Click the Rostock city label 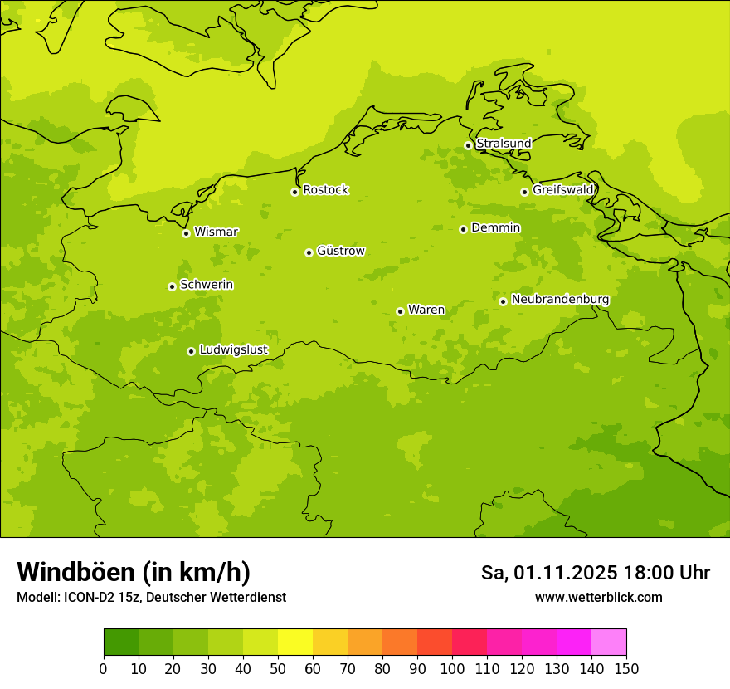pyautogui.click(x=325, y=190)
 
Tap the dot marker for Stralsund pyautogui.click(x=468, y=145)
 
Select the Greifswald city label pyautogui.click(x=562, y=190)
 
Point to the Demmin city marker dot pyautogui.click(x=463, y=229)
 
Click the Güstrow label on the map pyautogui.click(x=340, y=251)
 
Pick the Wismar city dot pyautogui.click(x=186, y=233)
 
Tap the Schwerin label pyautogui.click(x=206, y=285)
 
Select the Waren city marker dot pyautogui.click(x=400, y=311)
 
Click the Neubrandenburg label pyautogui.click(x=560, y=300)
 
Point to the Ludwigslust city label pyautogui.click(x=233, y=349)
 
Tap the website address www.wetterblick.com pyautogui.click(x=598, y=598)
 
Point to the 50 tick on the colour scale pyautogui.click(x=278, y=668)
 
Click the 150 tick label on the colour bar pyautogui.click(x=625, y=668)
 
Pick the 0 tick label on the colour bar pyautogui.click(x=104, y=668)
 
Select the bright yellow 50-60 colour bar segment pyautogui.click(x=295, y=642)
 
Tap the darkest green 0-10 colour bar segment pyautogui.click(x=121, y=642)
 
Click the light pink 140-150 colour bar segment pyautogui.click(x=609, y=642)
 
